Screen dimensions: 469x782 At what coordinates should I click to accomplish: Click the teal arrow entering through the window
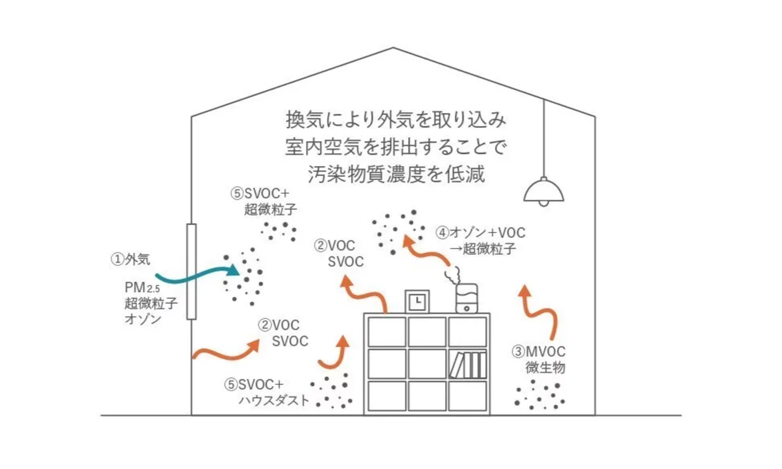coord(201,276)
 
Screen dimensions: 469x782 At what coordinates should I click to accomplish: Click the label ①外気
coord(131,259)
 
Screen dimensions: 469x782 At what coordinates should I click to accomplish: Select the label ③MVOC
coord(538,351)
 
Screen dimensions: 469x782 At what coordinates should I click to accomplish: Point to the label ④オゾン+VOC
coord(480,233)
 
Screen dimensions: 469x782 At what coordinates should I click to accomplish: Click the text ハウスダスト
coord(274,401)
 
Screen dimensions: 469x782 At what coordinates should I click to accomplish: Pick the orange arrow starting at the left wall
coord(224,352)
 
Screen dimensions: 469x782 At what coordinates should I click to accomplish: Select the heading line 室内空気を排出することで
coord(396,147)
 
